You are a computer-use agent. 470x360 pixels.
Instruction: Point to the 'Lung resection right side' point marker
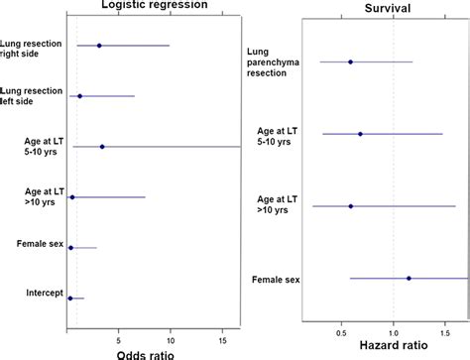[99, 46]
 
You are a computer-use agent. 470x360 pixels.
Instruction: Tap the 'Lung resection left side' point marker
[80, 96]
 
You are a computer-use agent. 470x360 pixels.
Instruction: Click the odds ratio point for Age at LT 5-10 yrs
[102, 147]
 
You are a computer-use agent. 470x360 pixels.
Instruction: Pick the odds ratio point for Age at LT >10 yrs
[72, 197]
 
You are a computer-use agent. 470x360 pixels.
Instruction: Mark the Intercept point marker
[70, 298]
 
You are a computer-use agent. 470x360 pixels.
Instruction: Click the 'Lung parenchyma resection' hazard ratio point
[351, 61]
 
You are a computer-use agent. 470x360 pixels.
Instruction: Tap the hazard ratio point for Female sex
[409, 279]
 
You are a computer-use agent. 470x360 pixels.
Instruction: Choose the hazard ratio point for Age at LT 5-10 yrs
[361, 134]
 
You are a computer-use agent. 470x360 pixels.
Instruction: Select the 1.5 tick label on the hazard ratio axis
[447, 328]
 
